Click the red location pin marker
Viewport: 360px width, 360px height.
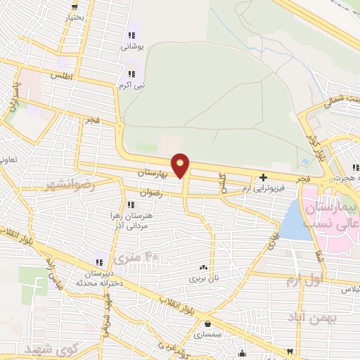tap(181, 165)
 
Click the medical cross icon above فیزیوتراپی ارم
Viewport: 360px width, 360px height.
tap(263, 177)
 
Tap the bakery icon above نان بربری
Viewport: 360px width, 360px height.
tap(203, 267)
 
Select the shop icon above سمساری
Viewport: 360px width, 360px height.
tap(208, 324)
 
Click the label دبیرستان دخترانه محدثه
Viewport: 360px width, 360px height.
tap(98, 276)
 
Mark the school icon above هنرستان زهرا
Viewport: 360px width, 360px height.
tap(131, 204)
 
